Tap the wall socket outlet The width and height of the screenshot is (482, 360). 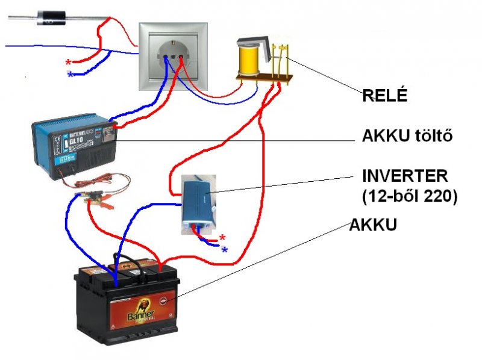point(174,57)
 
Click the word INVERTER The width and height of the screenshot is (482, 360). point(405,176)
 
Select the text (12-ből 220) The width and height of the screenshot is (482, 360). point(409,196)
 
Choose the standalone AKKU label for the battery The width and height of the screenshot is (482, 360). point(374,226)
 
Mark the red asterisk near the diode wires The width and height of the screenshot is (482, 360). point(68,63)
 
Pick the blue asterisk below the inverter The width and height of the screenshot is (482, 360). point(225,250)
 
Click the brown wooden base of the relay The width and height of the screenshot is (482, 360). point(265,78)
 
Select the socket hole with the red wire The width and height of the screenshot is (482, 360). point(181,58)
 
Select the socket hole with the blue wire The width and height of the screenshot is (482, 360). point(166,58)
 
